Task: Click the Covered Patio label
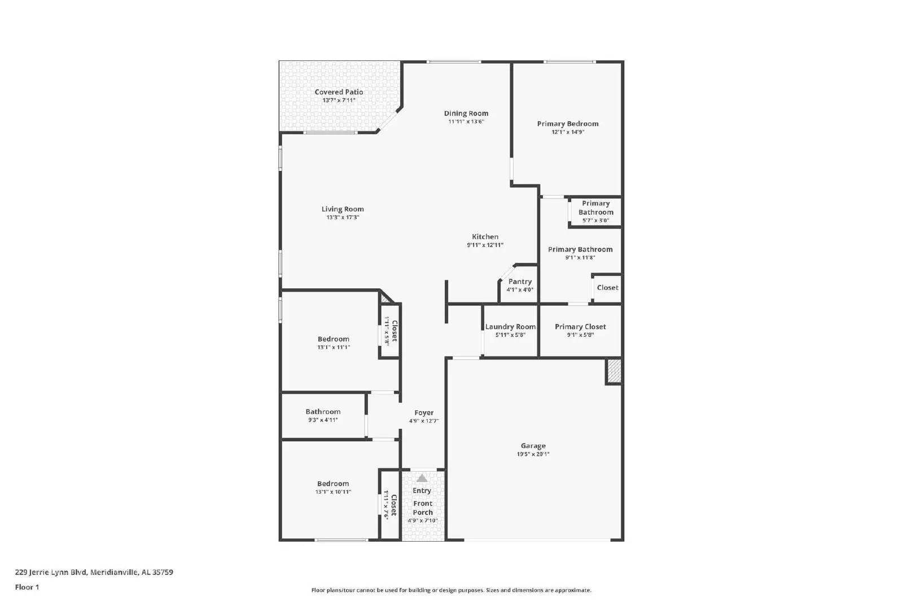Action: pos(339,92)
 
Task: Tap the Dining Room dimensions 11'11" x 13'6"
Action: pos(466,121)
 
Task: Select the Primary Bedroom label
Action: pos(568,124)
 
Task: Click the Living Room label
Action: pos(343,209)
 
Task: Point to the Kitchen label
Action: pos(485,237)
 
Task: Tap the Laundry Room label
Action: pos(510,327)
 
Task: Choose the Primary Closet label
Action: pos(580,327)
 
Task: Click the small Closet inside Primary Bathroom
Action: pos(607,288)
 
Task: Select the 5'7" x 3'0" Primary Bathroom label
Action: pos(595,212)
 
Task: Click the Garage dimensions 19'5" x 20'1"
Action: pos(533,454)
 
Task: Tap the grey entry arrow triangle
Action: pos(422,478)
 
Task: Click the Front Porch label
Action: pos(423,508)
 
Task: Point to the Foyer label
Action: pos(424,413)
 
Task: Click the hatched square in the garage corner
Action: pos(614,371)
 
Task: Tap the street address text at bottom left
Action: pos(94,572)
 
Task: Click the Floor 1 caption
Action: pos(27,587)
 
